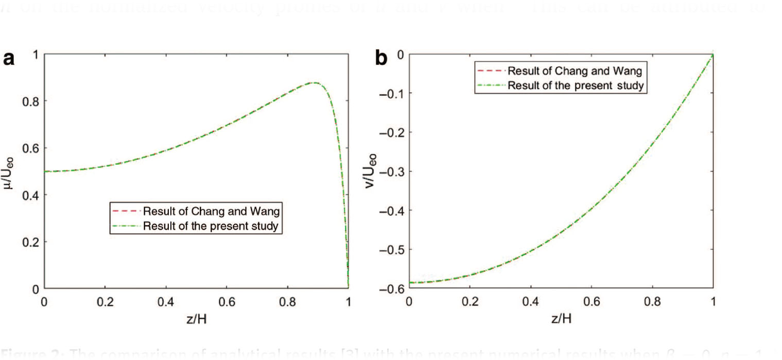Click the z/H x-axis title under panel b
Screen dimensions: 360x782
point(561,319)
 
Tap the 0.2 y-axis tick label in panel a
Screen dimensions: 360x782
point(31,242)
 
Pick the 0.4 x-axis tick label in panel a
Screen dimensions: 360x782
point(165,302)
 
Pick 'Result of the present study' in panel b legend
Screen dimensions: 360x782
point(575,85)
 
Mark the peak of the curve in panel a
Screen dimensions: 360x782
point(313,82)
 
